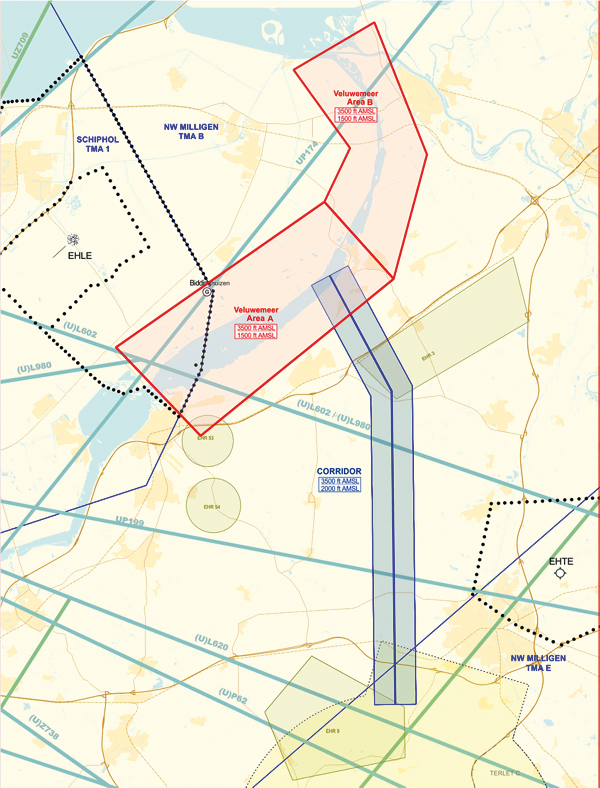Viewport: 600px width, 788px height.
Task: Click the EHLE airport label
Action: [x=80, y=256]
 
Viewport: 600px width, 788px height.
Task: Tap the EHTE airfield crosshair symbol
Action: [x=560, y=573]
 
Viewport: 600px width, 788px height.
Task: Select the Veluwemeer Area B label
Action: [x=355, y=98]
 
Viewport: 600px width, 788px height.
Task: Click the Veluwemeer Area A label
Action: [x=256, y=314]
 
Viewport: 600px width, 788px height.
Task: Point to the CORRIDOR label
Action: [x=339, y=471]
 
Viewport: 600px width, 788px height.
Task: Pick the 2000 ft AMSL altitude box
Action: [x=340, y=488]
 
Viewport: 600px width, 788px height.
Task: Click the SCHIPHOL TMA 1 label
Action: [x=98, y=144]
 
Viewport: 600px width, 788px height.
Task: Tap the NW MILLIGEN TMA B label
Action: [x=191, y=132]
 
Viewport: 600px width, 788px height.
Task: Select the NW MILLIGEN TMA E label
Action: [x=538, y=663]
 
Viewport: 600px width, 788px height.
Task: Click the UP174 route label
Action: [x=306, y=153]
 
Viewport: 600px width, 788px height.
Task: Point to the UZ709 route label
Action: [x=20, y=46]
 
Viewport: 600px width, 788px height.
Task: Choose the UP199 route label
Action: [x=130, y=522]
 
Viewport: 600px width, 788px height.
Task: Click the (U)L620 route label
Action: [x=211, y=642]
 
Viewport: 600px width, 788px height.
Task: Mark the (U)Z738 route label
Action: [x=44, y=727]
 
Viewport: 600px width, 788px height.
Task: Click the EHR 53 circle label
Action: [x=205, y=438]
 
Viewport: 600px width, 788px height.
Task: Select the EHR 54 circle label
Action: [x=212, y=507]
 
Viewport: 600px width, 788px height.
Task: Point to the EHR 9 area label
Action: [x=333, y=731]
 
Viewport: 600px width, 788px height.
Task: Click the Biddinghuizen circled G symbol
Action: [x=206, y=292]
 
